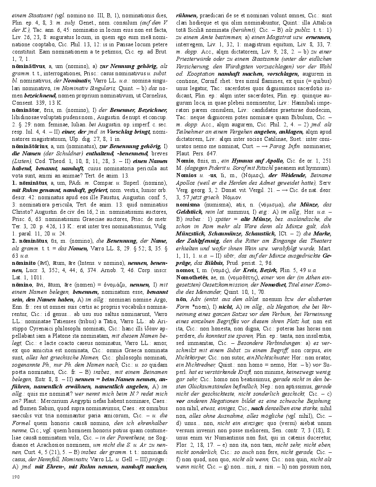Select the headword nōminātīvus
(x=27, y=66)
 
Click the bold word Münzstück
(x=193, y=233)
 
